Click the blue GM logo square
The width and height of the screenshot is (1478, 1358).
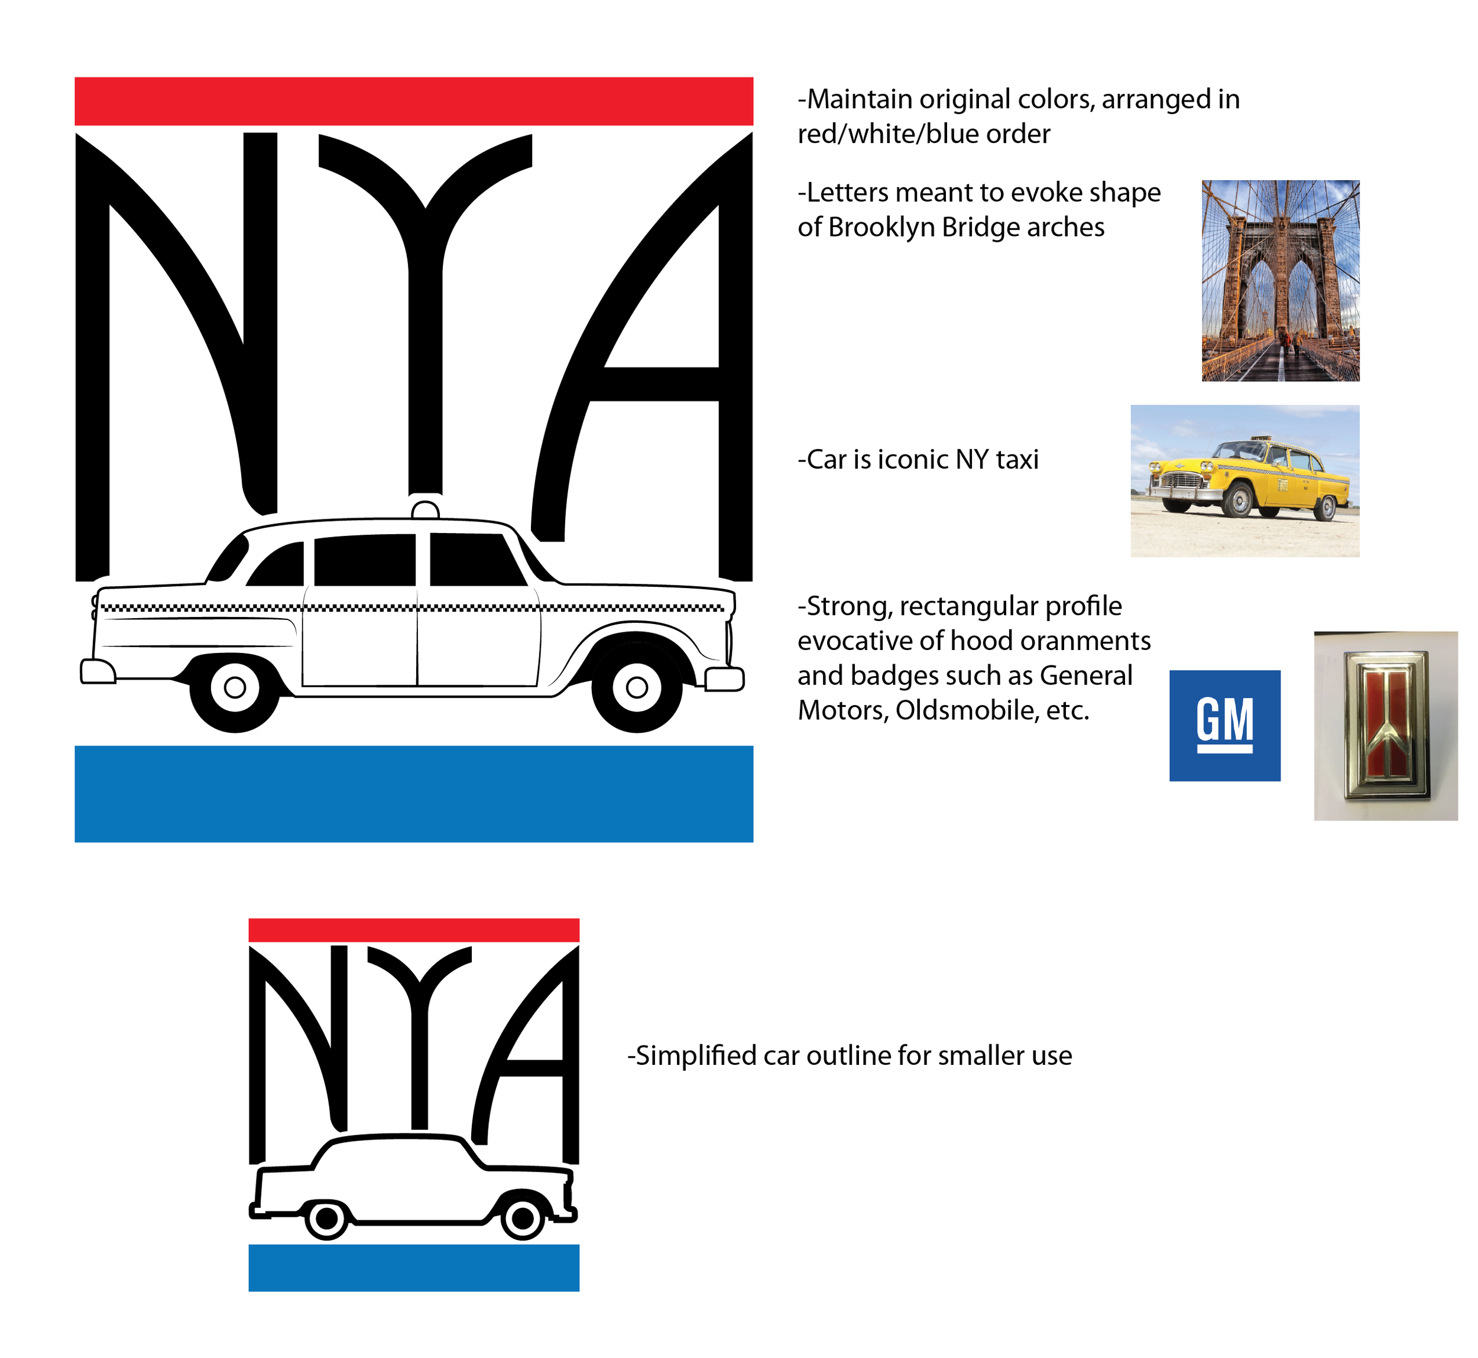click(1224, 725)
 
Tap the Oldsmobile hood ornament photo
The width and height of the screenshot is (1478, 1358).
click(1385, 725)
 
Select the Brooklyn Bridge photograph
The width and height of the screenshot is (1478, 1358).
click(1280, 280)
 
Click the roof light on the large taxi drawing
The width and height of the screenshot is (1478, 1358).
click(425, 509)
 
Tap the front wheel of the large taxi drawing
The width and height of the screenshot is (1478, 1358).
click(637, 687)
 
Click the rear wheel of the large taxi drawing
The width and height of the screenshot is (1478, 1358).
click(235, 687)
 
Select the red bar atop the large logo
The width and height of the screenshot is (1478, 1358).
click(413, 100)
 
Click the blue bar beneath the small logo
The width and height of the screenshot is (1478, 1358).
click(413, 1268)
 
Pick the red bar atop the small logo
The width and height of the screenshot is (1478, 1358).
click(413, 930)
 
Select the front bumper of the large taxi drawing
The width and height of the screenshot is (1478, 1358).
click(724, 678)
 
